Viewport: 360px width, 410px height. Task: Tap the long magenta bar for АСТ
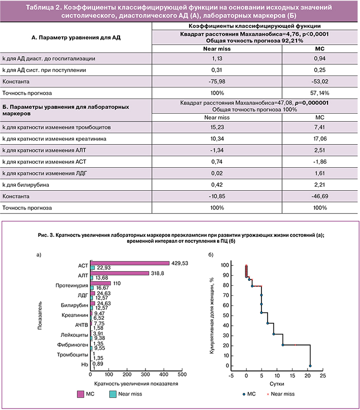[x=130, y=263]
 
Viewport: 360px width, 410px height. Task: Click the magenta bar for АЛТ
[x=120, y=273]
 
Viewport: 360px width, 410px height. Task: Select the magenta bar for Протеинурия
[x=100, y=283]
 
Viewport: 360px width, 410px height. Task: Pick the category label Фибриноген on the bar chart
[x=75, y=345]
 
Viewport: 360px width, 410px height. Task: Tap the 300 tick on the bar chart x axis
[x=145, y=374]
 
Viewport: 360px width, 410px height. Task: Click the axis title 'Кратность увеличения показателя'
[x=136, y=383]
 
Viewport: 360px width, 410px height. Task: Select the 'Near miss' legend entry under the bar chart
[x=122, y=394]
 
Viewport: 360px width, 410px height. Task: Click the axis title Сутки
[x=278, y=383]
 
